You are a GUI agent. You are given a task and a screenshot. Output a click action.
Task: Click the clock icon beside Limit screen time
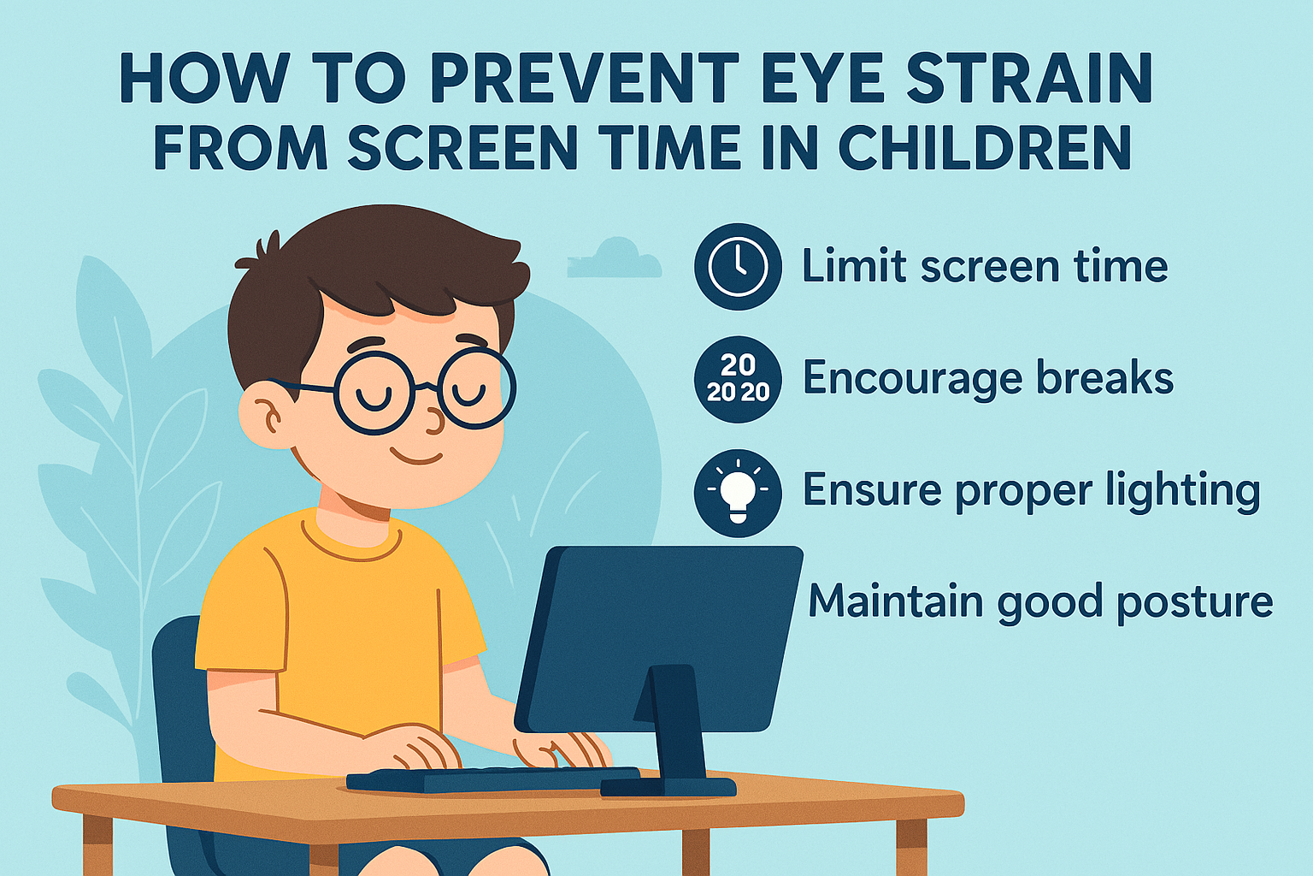pyautogui.click(x=738, y=266)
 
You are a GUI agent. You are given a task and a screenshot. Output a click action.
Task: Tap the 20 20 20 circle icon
pyautogui.click(x=738, y=379)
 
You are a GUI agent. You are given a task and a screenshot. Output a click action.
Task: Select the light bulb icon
pyautogui.click(x=738, y=493)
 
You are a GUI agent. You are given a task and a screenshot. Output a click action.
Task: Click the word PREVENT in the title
pyautogui.click(x=584, y=79)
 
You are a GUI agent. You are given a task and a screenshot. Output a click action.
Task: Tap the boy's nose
pyautogui.click(x=434, y=420)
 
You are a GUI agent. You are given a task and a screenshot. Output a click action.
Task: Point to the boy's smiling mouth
pyautogui.click(x=419, y=459)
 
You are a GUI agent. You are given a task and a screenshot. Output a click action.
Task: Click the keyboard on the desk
pyautogui.click(x=492, y=779)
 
